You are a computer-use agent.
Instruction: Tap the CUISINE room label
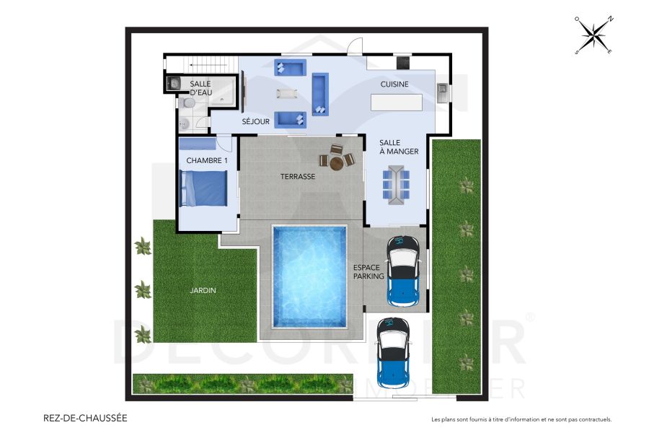pyautogui.click(x=394, y=84)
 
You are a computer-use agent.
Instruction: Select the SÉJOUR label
pyautogui.click(x=256, y=122)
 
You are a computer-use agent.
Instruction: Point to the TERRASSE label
pyautogui.click(x=298, y=176)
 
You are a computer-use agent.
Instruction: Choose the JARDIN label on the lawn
pyautogui.click(x=203, y=291)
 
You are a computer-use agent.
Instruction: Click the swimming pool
pyautogui.click(x=309, y=276)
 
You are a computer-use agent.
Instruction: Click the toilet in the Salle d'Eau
pyautogui.click(x=186, y=104)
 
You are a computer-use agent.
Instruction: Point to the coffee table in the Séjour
pyautogui.click(x=288, y=93)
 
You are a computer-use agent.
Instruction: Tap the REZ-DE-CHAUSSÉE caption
pyautogui.click(x=86, y=418)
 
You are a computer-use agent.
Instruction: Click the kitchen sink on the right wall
pyautogui.click(x=442, y=92)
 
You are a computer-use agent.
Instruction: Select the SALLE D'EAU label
pyautogui.click(x=200, y=88)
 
